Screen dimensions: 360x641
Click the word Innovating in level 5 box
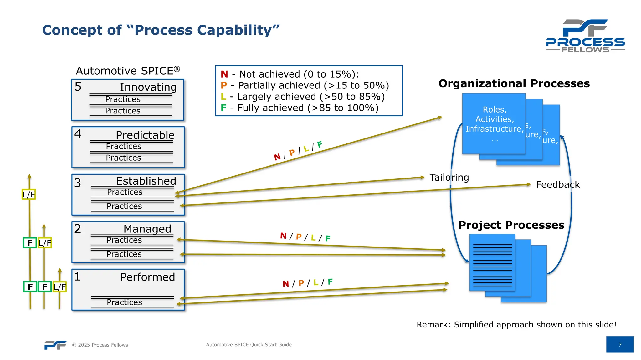click(148, 87)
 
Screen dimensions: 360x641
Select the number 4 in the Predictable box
click(78, 134)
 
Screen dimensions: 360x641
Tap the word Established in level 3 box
click(146, 181)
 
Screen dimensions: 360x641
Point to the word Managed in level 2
click(147, 229)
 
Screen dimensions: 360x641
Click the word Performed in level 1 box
click(147, 277)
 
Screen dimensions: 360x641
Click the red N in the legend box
click(224, 74)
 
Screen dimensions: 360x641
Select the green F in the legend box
click(223, 108)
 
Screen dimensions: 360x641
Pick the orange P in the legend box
click(224, 85)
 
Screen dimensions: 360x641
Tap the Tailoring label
click(449, 177)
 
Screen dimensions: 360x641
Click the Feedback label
click(558, 184)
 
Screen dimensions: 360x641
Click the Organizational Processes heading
click(514, 83)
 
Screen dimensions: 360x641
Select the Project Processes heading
click(511, 225)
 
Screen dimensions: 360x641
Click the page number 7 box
click(620, 344)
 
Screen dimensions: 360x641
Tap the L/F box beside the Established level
click(29, 194)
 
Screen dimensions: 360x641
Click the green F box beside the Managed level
click(30, 243)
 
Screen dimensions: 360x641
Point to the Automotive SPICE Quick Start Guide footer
click(249, 344)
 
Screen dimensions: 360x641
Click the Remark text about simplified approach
click(516, 324)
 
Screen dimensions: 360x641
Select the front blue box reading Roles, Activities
click(494, 123)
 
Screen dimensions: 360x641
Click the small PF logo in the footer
click(55, 345)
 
